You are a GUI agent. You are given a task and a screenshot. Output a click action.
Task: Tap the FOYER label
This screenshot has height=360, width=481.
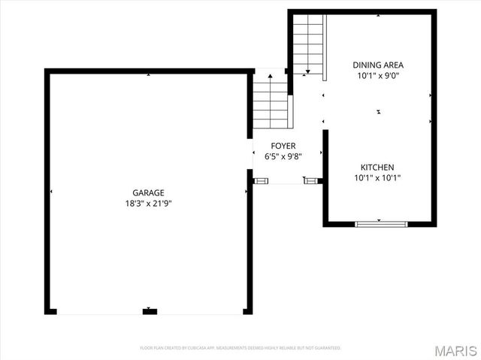click(x=283, y=146)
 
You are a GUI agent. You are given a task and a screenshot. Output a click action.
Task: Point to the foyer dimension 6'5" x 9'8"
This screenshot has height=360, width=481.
click(x=283, y=156)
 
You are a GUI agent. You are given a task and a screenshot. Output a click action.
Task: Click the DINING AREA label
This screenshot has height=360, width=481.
click(x=378, y=65)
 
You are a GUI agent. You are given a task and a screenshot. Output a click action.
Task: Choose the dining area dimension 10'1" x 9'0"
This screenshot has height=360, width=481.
click(x=378, y=75)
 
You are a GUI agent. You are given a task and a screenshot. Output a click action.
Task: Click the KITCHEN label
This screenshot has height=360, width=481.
click(x=377, y=167)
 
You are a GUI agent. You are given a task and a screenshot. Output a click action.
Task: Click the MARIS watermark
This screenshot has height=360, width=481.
click(x=458, y=350)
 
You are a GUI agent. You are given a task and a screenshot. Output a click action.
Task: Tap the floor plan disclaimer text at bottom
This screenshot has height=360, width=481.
click(x=240, y=348)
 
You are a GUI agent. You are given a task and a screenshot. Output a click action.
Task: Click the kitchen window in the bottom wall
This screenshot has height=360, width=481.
click(x=381, y=223)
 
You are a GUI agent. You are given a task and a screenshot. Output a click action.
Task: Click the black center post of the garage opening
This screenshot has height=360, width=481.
click(x=150, y=311)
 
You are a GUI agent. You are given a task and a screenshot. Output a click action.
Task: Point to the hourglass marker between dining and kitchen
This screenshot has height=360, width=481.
click(x=379, y=112)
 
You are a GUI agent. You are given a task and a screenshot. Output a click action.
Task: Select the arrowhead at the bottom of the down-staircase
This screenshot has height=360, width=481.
click(x=308, y=72)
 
